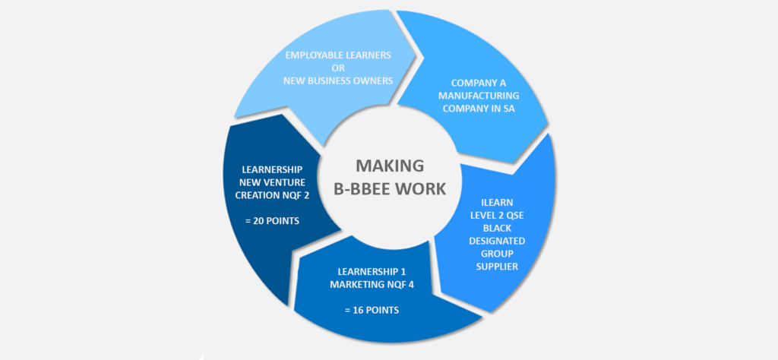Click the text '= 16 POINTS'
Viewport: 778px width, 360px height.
pos(371,310)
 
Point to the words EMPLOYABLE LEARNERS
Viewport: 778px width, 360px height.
pos(338,55)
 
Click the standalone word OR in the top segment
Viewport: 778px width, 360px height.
pos(338,68)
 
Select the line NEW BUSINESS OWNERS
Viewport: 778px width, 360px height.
pos(338,81)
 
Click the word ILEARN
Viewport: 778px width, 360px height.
pos(495,203)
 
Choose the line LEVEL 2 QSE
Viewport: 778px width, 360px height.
pos(495,215)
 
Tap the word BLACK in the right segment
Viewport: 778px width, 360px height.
pos(495,228)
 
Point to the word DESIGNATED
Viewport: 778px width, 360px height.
pos(495,241)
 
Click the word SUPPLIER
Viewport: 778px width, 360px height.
pos(495,267)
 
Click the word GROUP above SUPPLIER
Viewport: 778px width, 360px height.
pos(495,254)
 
